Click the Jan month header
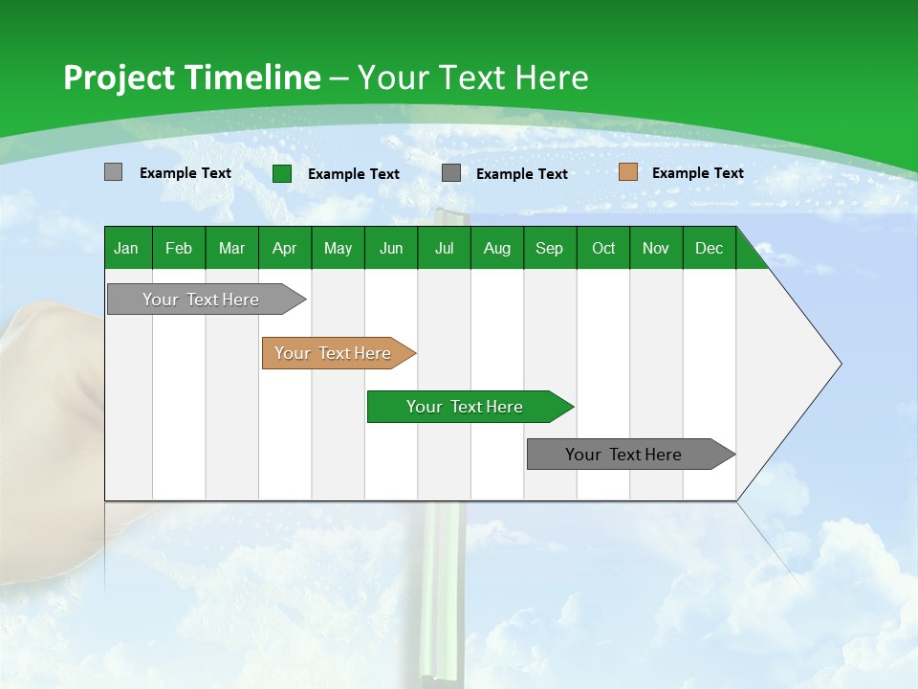click(126, 248)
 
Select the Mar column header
click(231, 248)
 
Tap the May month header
click(338, 248)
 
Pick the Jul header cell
click(444, 248)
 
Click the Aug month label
click(496, 248)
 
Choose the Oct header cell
click(603, 248)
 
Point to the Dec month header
click(709, 248)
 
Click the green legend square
click(282, 173)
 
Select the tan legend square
click(627, 172)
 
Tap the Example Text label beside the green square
click(353, 173)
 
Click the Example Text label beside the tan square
click(697, 172)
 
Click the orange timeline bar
click(335, 353)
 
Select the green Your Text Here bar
click(465, 407)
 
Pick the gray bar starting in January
click(201, 300)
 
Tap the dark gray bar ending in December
click(623, 455)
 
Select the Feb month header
click(179, 248)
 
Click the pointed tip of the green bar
click(570, 407)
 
